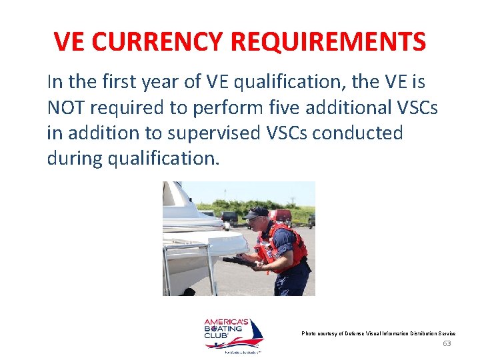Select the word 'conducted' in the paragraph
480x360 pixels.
pyautogui.click(x=357, y=133)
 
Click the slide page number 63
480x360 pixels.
pyautogui.click(x=447, y=343)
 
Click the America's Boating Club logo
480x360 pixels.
pyautogui.click(x=233, y=335)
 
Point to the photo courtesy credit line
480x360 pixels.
pyautogui.click(x=378, y=333)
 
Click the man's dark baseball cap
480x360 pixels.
pyautogui.click(x=255, y=213)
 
